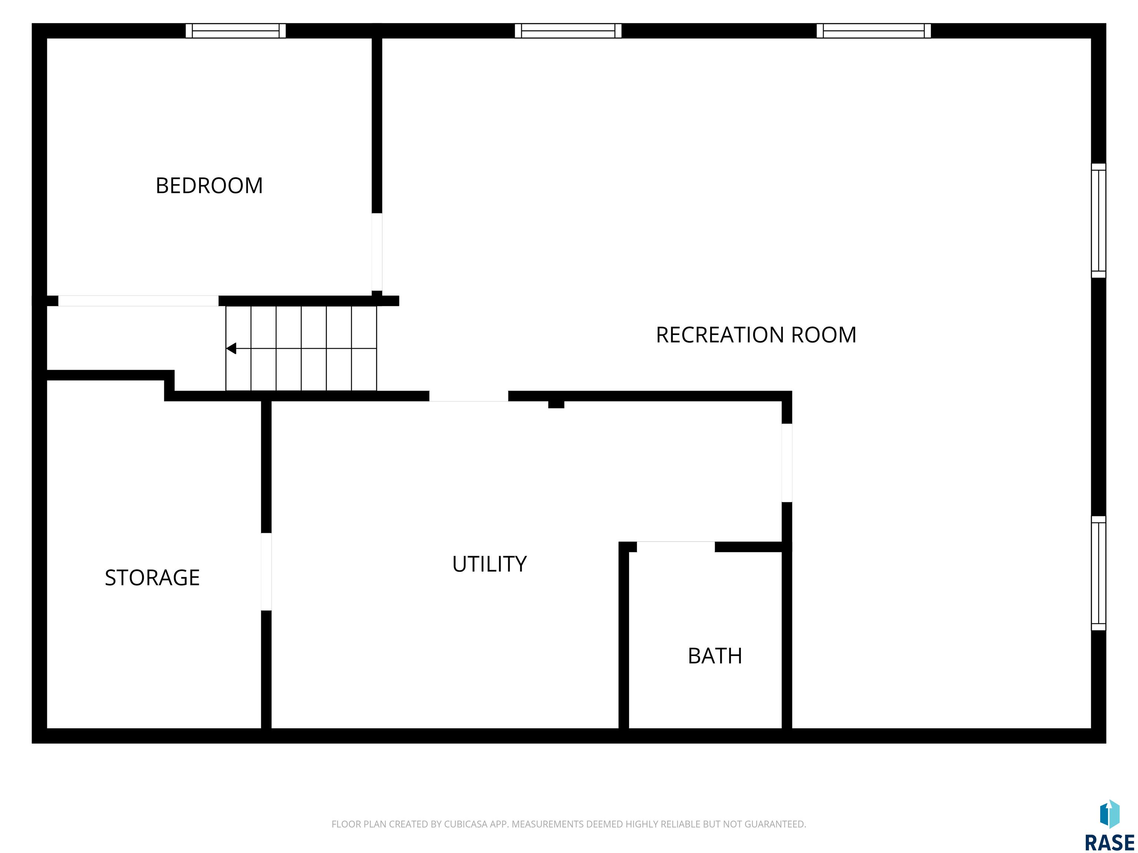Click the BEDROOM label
click(209, 185)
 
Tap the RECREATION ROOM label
click(756, 335)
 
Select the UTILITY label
click(489, 564)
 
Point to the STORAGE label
click(152, 578)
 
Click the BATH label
click(715, 656)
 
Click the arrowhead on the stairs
click(231, 349)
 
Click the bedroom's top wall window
click(236, 31)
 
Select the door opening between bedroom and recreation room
click(377, 252)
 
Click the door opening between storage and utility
click(266, 572)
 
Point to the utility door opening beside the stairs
click(469, 396)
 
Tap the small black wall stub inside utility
click(556, 404)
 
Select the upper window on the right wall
click(1098, 221)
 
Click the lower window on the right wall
click(1098, 573)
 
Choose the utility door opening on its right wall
click(786, 463)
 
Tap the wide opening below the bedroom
click(139, 301)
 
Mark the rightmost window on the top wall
click(874, 31)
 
